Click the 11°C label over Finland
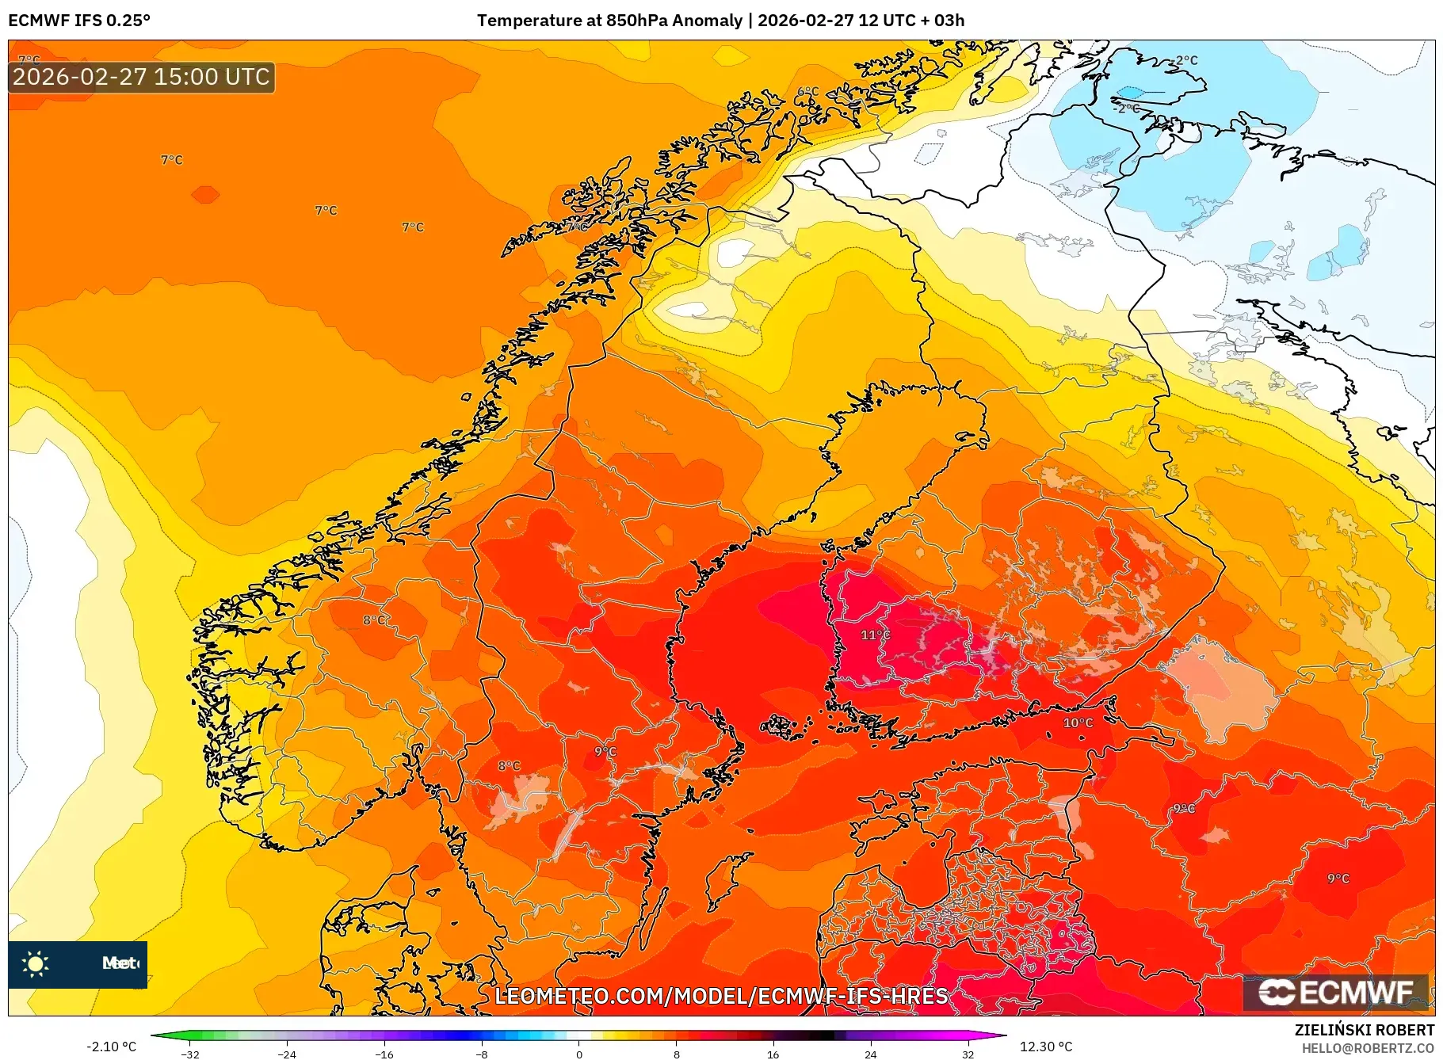(875, 635)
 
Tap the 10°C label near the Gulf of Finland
(1078, 723)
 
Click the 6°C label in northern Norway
(807, 92)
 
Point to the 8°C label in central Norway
(375, 620)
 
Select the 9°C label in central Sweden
(605, 751)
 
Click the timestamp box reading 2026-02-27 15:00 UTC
(141, 77)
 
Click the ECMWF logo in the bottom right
(1336, 992)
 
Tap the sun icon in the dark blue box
(36, 963)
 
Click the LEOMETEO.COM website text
(721, 996)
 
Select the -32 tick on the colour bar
(190, 1054)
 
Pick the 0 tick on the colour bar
(578, 1054)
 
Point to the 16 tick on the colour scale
(773, 1054)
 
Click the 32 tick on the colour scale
(968, 1054)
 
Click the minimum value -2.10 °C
(111, 1047)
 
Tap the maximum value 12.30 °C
(1046, 1047)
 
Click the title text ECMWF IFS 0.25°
(79, 21)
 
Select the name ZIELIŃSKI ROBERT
(1364, 1030)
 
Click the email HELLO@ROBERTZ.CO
(1367, 1048)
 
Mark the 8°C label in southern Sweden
(509, 765)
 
